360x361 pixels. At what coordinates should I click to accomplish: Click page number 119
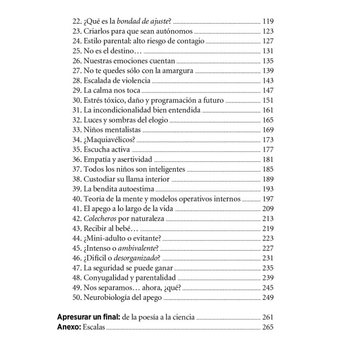[x=267, y=21]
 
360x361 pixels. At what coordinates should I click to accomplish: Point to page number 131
[x=267, y=51]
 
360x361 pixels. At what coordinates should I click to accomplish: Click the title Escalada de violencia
[x=117, y=81]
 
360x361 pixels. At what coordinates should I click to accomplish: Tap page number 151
[x=267, y=101]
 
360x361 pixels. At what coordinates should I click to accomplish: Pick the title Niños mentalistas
[x=112, y=130]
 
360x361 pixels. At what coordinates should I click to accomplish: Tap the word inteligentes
[x=165, y=170]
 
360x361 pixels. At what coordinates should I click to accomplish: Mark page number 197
[x=267, y=199]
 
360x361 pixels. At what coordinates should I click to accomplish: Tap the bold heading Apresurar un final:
[x=87, y=317]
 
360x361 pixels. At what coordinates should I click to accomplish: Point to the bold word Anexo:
[x=69, y=327]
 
